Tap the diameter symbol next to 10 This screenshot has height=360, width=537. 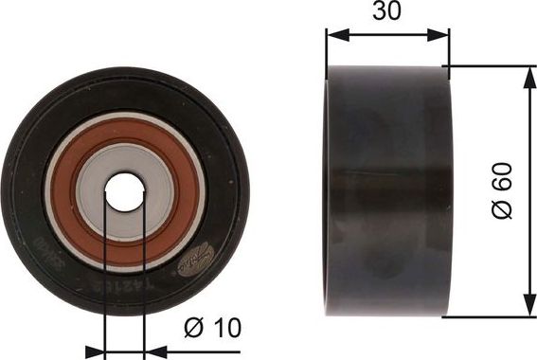point(191,328)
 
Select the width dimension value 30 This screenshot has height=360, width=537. point(387,13)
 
